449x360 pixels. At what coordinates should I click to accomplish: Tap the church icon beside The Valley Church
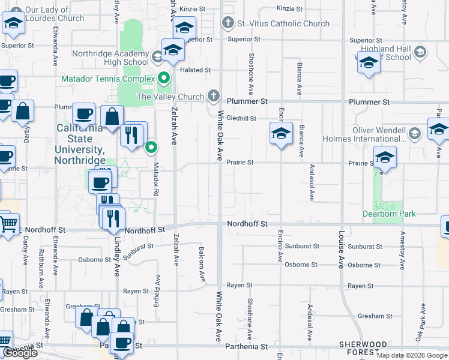tap(213, 96)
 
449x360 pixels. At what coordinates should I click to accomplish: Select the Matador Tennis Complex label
tap(108, 79)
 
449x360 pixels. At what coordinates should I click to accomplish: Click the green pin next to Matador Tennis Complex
tap(163, 79)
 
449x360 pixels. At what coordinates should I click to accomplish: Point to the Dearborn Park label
tap(389, 214)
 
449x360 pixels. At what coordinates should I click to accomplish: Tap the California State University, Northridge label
tap(80, 144)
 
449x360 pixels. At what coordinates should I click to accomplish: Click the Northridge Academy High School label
tap(110, 58)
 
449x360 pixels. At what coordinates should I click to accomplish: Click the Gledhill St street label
tap(241, 119)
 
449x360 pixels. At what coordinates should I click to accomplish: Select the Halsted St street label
tap(196, 70)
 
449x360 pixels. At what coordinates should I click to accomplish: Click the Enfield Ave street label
tap(158, 288)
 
